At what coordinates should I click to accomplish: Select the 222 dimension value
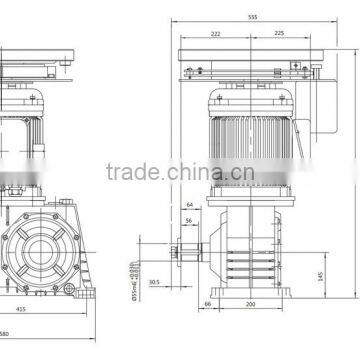click(215, 35)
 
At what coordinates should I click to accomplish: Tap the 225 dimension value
click(278, 35)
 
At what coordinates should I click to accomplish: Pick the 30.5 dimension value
click(155, 282)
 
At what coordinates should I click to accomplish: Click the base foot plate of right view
click(251, 289)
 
